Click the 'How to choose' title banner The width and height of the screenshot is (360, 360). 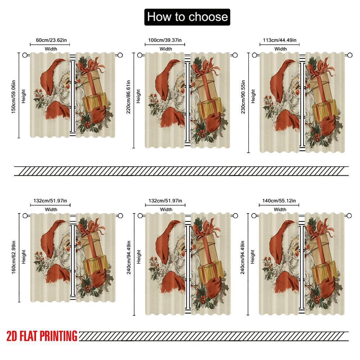[187, 17]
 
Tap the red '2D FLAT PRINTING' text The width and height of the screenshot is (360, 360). [42, 336]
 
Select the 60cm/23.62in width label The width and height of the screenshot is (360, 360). [50, 40]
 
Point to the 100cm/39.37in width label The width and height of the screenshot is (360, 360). [165, 40]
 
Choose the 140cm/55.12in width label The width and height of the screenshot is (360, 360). [279, 201]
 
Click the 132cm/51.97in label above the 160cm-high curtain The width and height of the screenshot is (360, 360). [50, 201]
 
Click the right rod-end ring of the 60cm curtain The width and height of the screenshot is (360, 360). [120, 55]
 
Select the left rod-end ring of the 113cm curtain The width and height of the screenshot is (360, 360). [255, 55]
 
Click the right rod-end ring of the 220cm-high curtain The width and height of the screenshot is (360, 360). [235, 55]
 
